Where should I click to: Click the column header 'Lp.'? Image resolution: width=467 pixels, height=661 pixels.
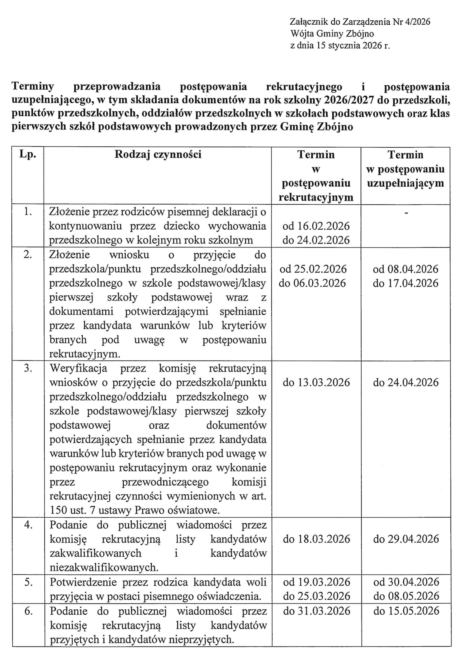point(28,155)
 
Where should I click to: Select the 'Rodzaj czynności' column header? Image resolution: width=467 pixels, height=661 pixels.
point(158,155)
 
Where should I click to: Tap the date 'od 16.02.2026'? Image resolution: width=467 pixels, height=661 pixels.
point(316,226)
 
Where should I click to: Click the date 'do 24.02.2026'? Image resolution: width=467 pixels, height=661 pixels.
point(316,240)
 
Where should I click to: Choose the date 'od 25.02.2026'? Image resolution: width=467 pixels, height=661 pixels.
point(313,269)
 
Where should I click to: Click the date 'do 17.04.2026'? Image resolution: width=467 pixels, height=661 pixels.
point(406,283)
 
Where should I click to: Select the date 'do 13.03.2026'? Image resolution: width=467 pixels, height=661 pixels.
point(316,383)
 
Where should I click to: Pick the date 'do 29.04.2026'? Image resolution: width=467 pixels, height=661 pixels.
point(406,539)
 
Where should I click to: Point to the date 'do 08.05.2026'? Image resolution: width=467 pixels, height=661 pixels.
point(406,596)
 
